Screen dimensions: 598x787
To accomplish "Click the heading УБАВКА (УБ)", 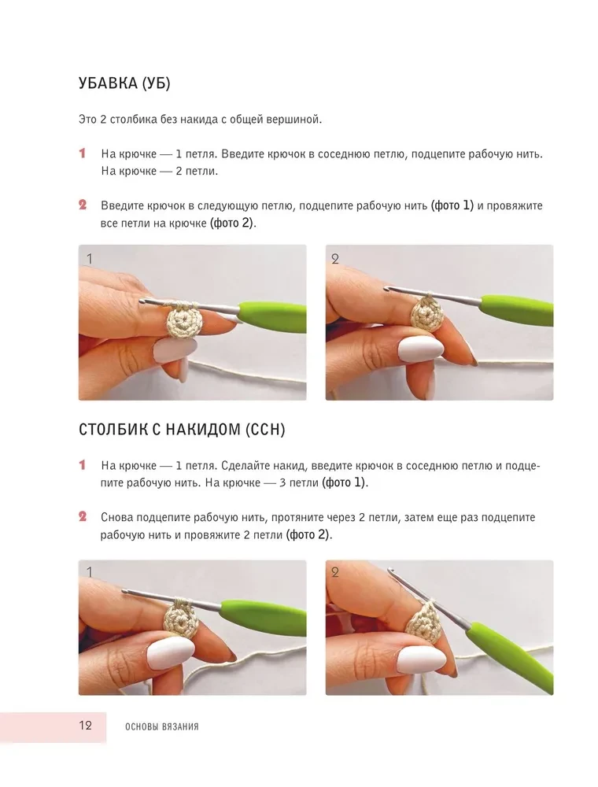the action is pyautogui.click(x=124, y=83).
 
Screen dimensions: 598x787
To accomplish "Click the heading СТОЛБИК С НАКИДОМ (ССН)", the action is pyautogui.click(x=182, y=430).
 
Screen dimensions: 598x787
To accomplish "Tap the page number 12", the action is pyautogui.click(x=85, y=725).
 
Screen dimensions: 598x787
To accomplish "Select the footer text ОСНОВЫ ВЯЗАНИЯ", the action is pyautogui.click(x=162, y=726).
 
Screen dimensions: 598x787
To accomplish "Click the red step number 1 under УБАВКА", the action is pyautogui.click(x=83, y=153).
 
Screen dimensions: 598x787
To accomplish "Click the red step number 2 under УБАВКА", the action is pyautogui.click(x=83, y=205).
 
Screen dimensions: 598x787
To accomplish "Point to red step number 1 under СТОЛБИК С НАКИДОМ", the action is pyautogui.click(x=83, y=465).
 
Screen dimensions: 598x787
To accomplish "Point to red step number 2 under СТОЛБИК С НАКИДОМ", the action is pyautogui.click(x=83, y=516).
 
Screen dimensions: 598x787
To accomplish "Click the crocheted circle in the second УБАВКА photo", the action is pyautogui.click(x=427, y=315).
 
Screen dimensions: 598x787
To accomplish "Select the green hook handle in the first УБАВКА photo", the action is pyautogui.click(x=272, y=316).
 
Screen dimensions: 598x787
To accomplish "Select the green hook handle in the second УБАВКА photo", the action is pyautogui.click(x=517, y=307).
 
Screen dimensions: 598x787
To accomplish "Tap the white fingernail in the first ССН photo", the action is pyautogui.click(x=171, y=652).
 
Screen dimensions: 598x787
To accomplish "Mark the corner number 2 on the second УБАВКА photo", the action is pyautogui.click(x=335, y=259).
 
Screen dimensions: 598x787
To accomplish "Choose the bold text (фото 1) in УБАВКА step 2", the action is pyautogui.click(x=452, y=205).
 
